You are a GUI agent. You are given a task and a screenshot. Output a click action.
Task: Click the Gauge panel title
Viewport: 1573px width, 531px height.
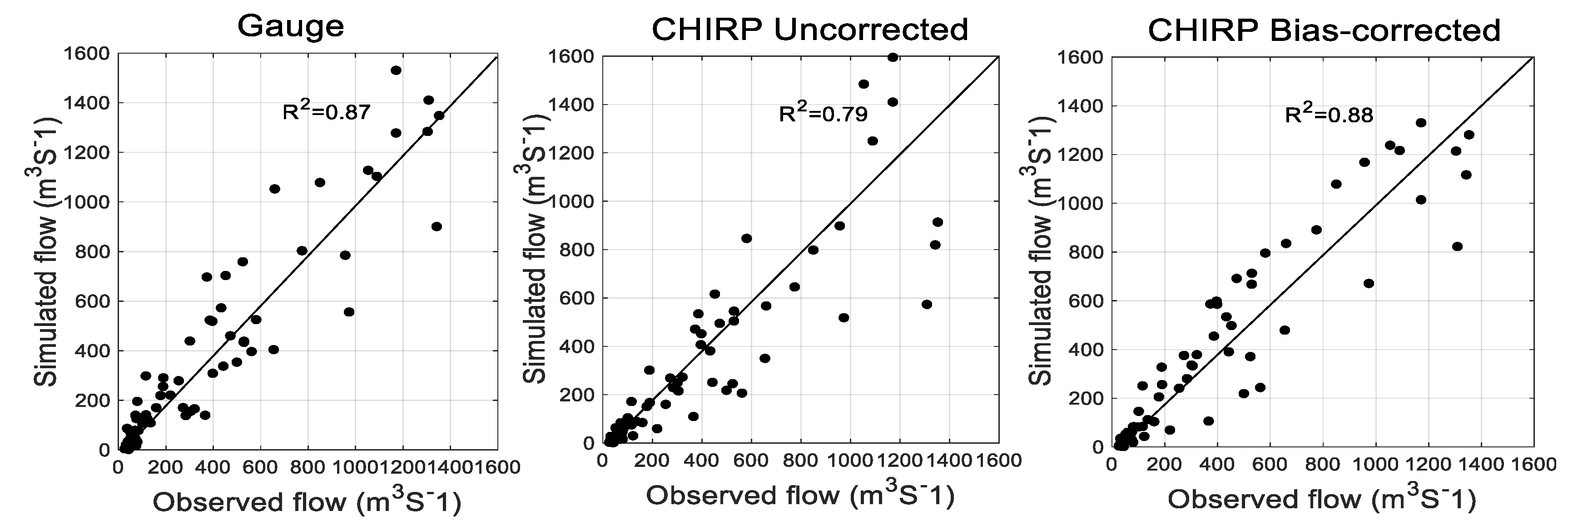tap(291, 27)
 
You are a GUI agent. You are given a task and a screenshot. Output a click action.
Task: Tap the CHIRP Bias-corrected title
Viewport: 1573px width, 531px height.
tap(1324, 30)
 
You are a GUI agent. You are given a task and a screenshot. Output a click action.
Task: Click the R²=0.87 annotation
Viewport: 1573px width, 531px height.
tap(326, 112)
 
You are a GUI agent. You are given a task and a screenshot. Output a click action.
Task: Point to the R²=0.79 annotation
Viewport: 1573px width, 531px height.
tap(823, 114)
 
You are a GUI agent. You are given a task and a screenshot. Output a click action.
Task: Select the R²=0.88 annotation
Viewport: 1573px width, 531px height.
tap(1329, 115)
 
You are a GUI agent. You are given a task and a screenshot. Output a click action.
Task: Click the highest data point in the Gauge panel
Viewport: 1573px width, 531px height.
tap(396, 70)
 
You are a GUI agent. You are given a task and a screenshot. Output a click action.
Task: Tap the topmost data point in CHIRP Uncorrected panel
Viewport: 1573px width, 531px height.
tap(893, 57)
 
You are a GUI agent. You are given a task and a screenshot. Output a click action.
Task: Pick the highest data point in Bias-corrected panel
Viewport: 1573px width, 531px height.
tap(1421, 123)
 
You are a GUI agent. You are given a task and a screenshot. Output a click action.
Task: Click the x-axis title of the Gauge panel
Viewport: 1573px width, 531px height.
tap(307, 502)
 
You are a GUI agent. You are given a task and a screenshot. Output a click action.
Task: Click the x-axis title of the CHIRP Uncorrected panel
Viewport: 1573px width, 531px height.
tap(800, 496)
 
